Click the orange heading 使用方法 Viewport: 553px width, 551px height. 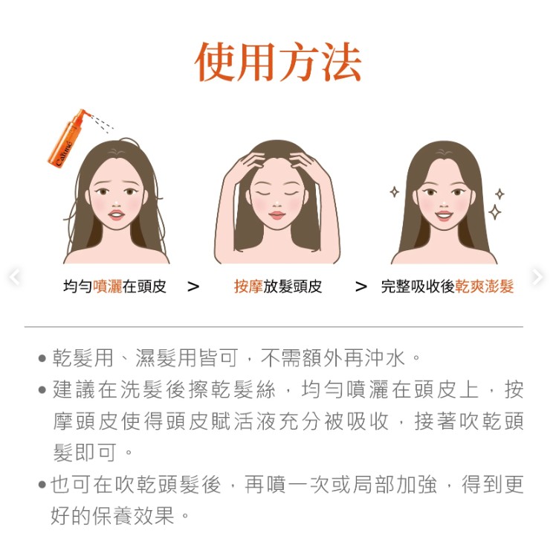[x=278, y=63]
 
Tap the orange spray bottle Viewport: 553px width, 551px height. [x=66, y=138]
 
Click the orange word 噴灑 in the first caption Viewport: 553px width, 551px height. [x=108, y=287]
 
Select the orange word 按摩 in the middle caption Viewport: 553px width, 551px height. [x=249, y=287]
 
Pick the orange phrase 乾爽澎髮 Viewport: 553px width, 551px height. [x=484, y=287]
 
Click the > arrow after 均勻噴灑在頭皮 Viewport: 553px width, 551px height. [x=193, y=287]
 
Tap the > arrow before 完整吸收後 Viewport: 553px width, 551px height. [x=360, y=287]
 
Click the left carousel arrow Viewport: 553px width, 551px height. [x=14, y=277]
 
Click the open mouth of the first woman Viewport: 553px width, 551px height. [x=117, y=214]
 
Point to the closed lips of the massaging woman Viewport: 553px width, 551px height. [x=276, y=214]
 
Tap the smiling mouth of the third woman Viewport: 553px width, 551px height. [x=444, y=215]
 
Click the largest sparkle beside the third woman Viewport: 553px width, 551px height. [x=495, y=212]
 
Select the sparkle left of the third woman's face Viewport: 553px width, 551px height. [x=394, y=192]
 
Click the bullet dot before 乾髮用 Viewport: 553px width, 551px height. [x=42, y=358]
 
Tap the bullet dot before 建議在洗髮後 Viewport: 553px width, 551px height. [x=42, y=390]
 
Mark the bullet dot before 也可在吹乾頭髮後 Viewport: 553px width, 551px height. [x=42, y=484]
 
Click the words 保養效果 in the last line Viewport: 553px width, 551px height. [x=134, y=515]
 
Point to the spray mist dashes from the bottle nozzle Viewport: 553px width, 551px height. [x=102, y=123]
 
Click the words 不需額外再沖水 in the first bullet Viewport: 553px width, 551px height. [x=333, y=358]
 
